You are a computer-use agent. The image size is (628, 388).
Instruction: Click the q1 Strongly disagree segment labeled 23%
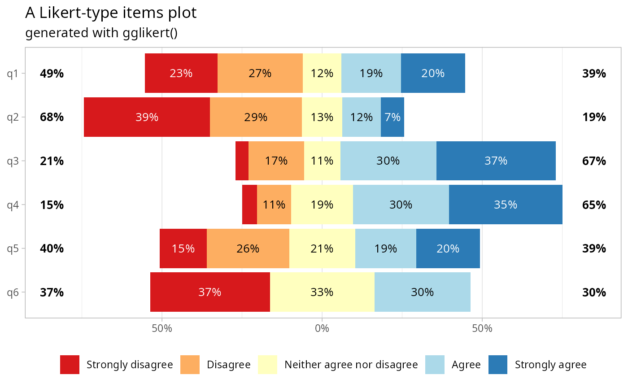(x=181, y=73)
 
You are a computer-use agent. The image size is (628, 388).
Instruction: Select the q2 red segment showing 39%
(x=147, y=117)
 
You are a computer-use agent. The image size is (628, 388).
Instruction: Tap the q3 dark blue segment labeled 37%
(x=496, y=161)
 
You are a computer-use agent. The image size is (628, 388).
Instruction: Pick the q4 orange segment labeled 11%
(x=274, y=205)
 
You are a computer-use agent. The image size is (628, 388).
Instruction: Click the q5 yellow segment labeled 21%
(x=322, y=248)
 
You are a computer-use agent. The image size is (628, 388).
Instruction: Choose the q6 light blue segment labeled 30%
(x=422, y=292)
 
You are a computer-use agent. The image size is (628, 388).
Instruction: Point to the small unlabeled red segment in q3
(x=242, y=161)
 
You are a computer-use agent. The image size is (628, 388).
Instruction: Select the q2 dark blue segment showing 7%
(x=392, y=117)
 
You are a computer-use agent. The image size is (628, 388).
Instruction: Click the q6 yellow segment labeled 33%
(x=322, y=292)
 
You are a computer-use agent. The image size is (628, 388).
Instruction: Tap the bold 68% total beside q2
(x=52, y=117)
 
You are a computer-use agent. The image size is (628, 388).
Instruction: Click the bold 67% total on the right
(x=594, y=161)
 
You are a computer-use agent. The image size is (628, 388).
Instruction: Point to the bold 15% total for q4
(x=52, y=205)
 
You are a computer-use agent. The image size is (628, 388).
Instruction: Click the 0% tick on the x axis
(x=322, y=328)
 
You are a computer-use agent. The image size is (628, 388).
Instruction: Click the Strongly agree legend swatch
(x=497, y=365)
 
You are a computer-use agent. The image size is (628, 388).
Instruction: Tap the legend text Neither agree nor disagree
(x=351, y=365)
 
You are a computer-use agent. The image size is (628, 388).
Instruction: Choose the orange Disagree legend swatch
(x=190, y=365)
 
